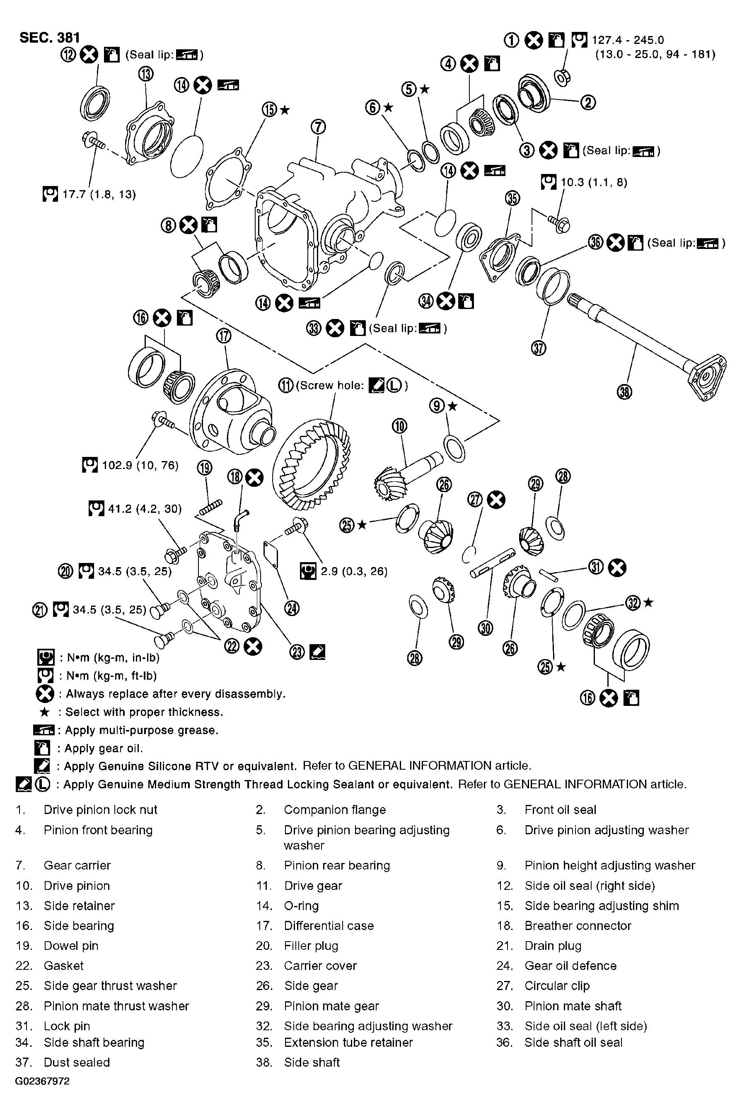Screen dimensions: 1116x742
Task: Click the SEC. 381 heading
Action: [x=50, y=37]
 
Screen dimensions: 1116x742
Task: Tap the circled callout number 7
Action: [x=319, y=127]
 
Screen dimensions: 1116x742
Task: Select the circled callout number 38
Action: [x=625, y=392]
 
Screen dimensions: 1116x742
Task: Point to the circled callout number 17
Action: [x=224, y=336]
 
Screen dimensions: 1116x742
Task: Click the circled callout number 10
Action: [x=399, y=426]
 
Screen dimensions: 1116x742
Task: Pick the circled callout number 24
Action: [x=292, y=609]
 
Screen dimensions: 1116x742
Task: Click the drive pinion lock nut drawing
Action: [x=563, y=76]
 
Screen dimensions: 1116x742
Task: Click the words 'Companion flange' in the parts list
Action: [x=335, y=810]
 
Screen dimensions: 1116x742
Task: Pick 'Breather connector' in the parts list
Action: [x=578, y=926]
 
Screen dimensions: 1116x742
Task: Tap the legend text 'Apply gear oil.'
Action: [x=104, y=749]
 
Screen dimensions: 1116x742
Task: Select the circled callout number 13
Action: [x=146, y=74]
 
